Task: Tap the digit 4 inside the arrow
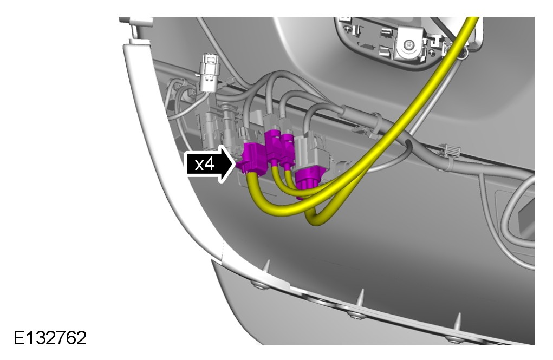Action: click(x=209, y=165)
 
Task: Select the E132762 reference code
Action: click(x=50, y=338)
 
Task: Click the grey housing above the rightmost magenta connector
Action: click(x=312, y=152)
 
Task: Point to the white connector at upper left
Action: click(x=209, y=73)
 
